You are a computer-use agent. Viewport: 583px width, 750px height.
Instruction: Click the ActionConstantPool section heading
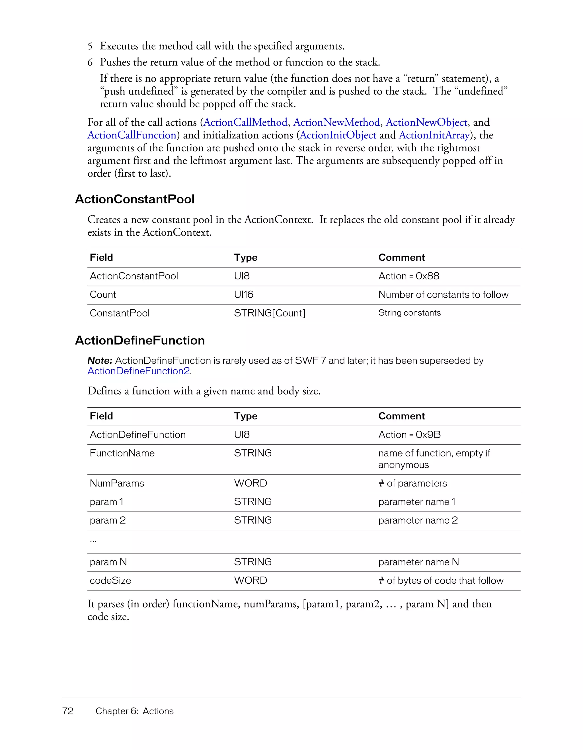coord(135,199)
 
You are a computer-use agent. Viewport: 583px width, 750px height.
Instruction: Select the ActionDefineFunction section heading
coord(140,340)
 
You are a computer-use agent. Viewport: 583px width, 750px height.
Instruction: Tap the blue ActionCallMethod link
coord(245,122)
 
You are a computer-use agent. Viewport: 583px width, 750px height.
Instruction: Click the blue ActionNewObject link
coord(426,122)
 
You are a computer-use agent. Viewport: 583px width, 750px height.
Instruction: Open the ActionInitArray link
coord(434,135)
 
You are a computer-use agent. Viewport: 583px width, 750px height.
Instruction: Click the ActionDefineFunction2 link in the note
coord(139,371)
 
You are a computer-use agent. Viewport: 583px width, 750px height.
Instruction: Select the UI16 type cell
coord(243,295)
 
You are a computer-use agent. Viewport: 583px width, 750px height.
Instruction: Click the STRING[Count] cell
coord(269,313)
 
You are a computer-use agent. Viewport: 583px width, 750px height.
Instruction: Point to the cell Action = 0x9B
coord(409,435)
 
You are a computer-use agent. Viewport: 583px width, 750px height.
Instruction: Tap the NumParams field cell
coord(117,483)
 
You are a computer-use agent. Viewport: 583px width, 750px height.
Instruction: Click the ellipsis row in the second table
coord(93,541)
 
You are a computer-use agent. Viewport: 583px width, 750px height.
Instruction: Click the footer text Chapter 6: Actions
coord(135,711)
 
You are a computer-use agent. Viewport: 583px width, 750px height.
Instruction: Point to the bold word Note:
coord(100,361)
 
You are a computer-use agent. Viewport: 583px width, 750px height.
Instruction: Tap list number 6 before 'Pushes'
coord(90,62)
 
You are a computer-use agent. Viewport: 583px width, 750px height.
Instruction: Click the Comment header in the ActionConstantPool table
coord(401,258)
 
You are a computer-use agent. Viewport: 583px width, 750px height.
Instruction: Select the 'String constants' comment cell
coord(409,313)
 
